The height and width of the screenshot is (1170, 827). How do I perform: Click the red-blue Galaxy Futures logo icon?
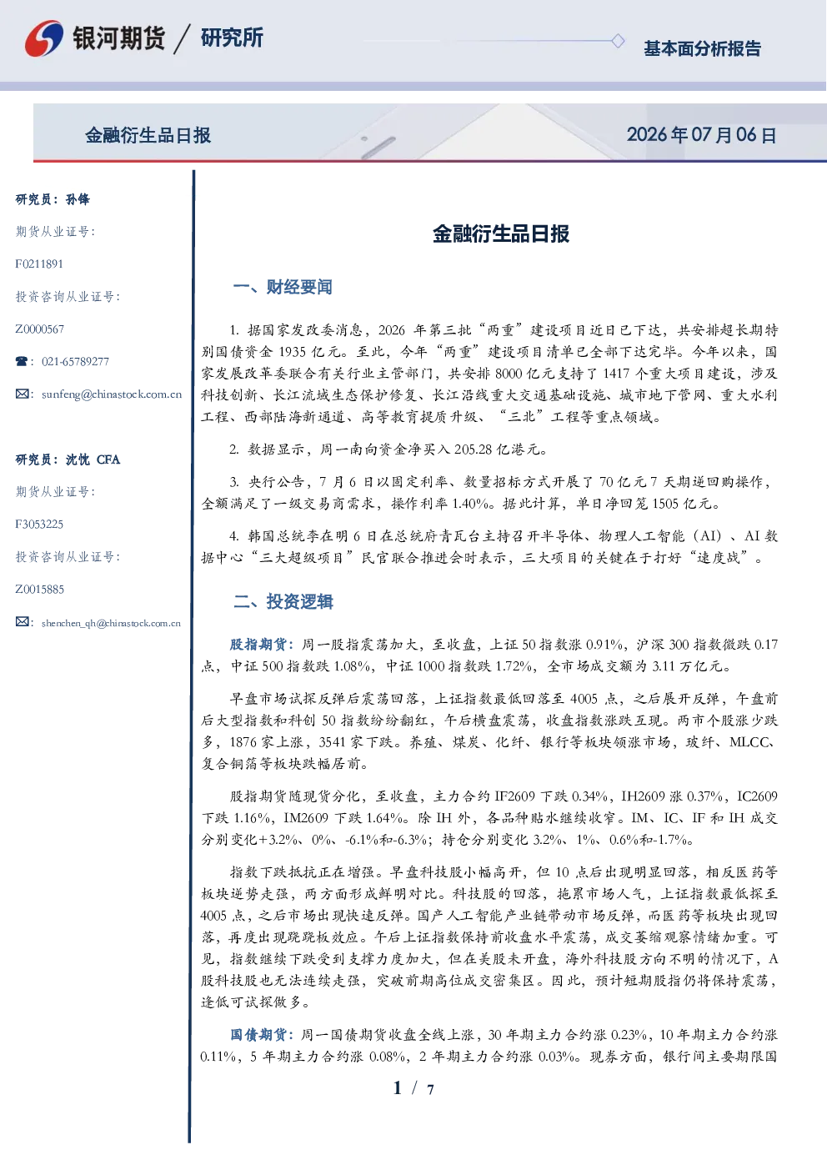click(x=44, y=38)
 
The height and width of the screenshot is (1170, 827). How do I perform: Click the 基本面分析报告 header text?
click(x=702, y=48)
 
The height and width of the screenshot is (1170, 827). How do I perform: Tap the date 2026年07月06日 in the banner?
click(x=702, y=135)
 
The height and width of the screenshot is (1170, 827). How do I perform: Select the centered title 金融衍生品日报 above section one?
click(x=501, y=233)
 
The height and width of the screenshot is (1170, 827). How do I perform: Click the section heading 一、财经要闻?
click(x=283, y=287)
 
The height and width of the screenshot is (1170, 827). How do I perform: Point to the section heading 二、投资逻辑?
click(x=283, y=602)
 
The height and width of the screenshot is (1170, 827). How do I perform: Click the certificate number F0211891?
click(x=39, y=264)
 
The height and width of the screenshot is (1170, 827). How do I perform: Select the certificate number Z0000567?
click(x=40, y=329)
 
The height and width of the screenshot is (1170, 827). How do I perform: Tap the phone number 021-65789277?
click(x=75, y=361)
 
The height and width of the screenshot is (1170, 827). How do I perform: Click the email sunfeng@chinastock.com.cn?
click(x=112, y=394)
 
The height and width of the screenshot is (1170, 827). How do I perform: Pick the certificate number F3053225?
click(x=39, y=524)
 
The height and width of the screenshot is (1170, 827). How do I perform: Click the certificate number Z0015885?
click(x=40, y=590)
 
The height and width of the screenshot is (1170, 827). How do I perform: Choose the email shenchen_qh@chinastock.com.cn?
click(x=111, y=623)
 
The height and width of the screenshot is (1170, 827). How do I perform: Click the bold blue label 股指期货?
click(x=258, y=645)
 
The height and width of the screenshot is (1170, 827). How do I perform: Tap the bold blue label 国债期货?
click(x=258, y=1035)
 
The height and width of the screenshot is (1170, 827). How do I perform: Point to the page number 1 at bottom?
click(x=398, y=1088)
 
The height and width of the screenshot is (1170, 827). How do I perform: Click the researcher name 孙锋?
click(x=78, y=199)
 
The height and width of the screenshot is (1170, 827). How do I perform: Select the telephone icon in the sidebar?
click(x=22, y=361)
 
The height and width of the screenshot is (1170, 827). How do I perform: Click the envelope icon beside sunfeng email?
click(x=22, y=394)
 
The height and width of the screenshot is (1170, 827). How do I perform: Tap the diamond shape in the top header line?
click(x=618, y=41)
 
